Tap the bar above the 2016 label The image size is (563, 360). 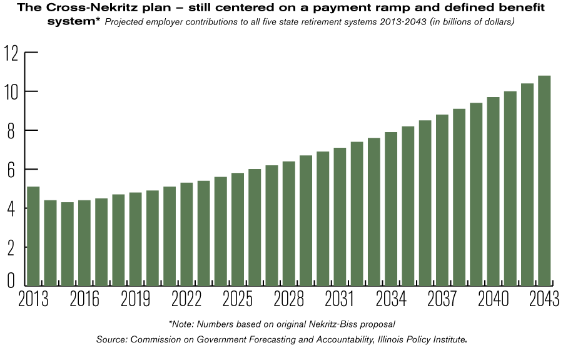click(84, 244)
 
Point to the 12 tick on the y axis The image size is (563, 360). click(11, 53)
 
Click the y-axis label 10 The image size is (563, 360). click(11, 92)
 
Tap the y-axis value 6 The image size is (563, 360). click(11, 170)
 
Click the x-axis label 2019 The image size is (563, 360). click(135, 300)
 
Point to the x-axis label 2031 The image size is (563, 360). click(340, 300)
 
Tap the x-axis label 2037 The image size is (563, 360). click(442, 300)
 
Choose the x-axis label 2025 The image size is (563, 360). click(238, 300)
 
